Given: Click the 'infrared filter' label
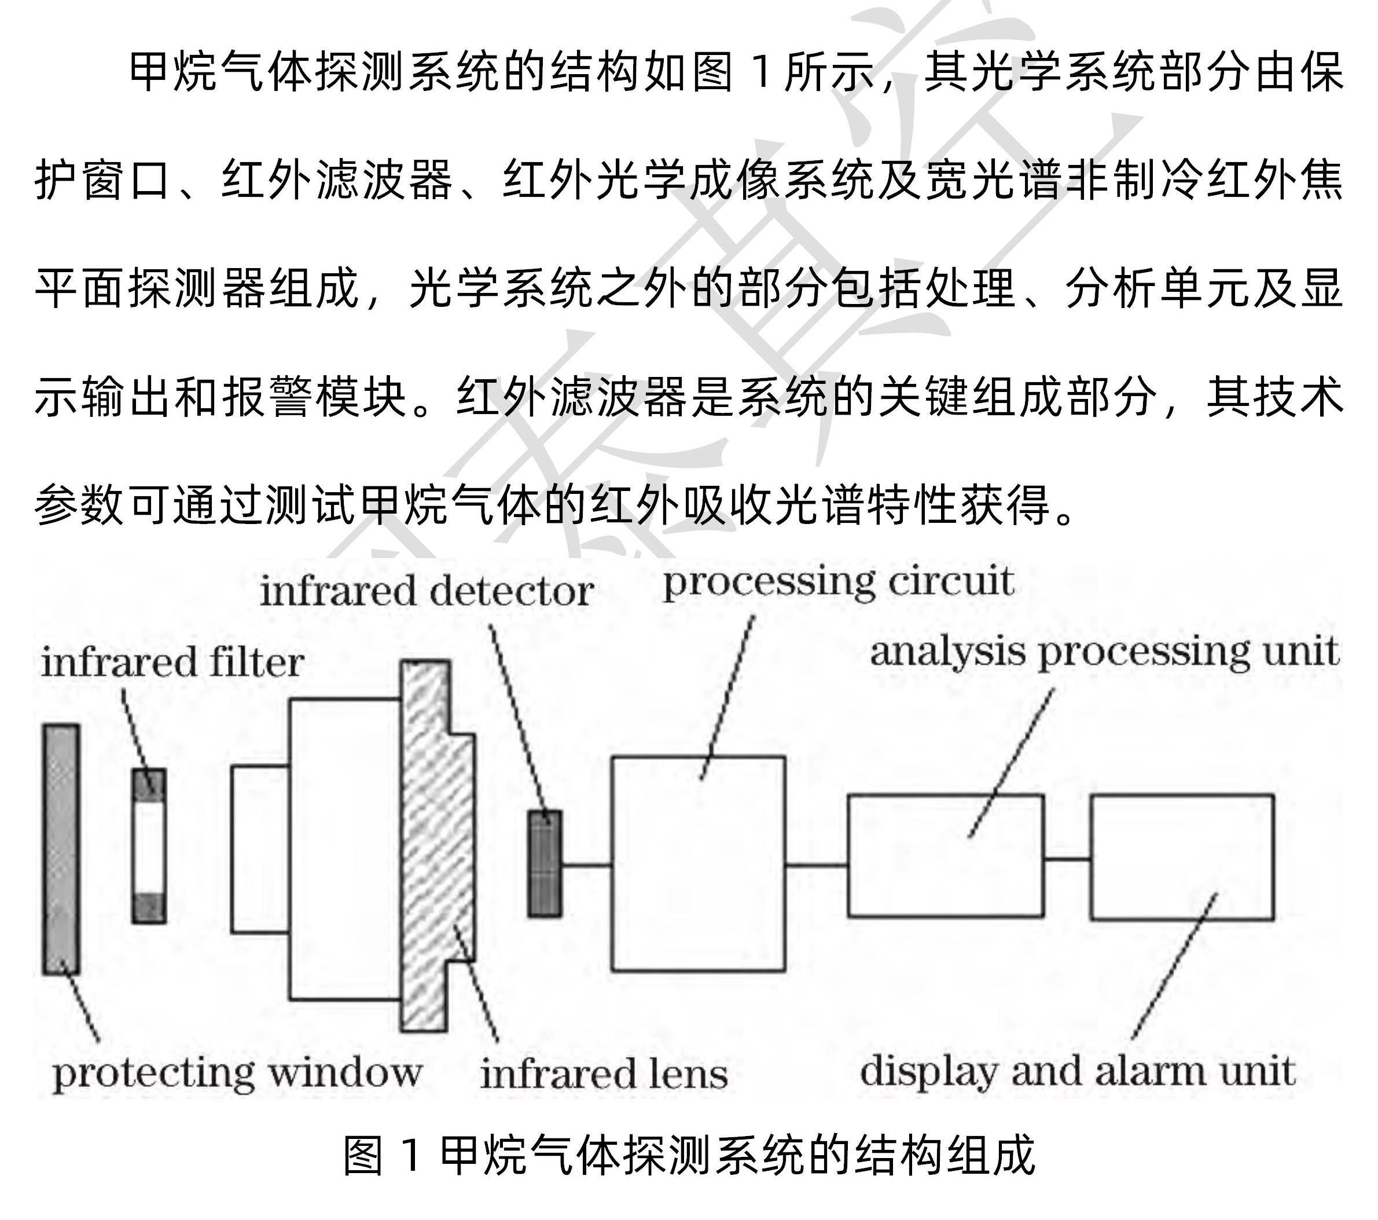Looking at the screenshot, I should point(172,662).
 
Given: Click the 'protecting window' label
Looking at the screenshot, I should point(237,1073).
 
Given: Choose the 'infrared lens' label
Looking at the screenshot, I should point(604,1074).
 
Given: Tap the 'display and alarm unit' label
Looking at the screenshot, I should point(1076,1071).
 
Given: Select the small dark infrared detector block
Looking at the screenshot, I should point(544,863).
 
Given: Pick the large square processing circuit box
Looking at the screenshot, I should point(698,863).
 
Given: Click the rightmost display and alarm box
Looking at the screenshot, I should point(1182,856).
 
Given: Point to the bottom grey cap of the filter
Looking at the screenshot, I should point(148,907).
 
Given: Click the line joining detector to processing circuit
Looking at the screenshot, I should point(586,864).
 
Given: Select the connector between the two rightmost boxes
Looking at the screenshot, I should point(1067,859).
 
